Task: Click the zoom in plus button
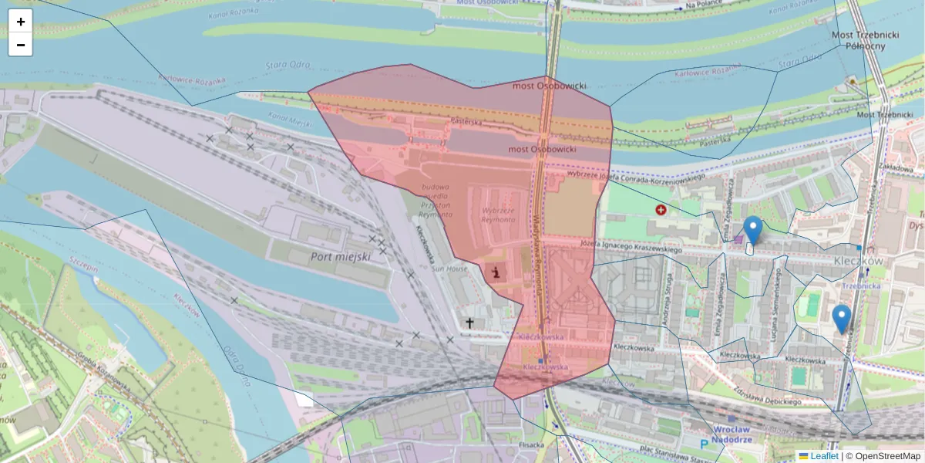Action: (x=20, y=22)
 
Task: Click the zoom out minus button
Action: (x=20, y=45)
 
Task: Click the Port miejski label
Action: (x=341, y=256)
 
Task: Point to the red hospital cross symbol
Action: (x=661, y=209)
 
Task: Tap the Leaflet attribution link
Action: (x=824, y=456)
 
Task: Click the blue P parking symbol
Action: (x=703, y=444)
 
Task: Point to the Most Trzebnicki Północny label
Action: (x=858, y=40)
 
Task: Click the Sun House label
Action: (x=449, y=269)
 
